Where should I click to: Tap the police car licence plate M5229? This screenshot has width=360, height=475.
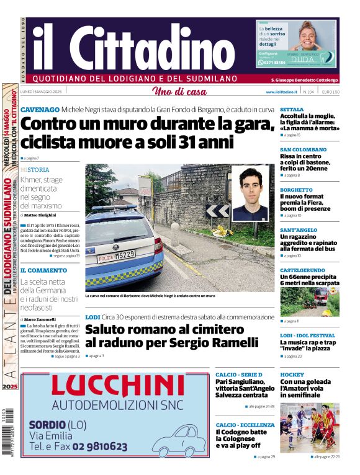click(116, 255)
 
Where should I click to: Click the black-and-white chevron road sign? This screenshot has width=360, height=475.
click(217, 211)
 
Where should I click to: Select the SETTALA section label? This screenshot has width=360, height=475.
click(292, 109)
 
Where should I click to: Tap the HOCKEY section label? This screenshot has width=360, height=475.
click(292, 375)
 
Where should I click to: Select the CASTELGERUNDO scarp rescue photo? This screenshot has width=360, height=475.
click(309, 302)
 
